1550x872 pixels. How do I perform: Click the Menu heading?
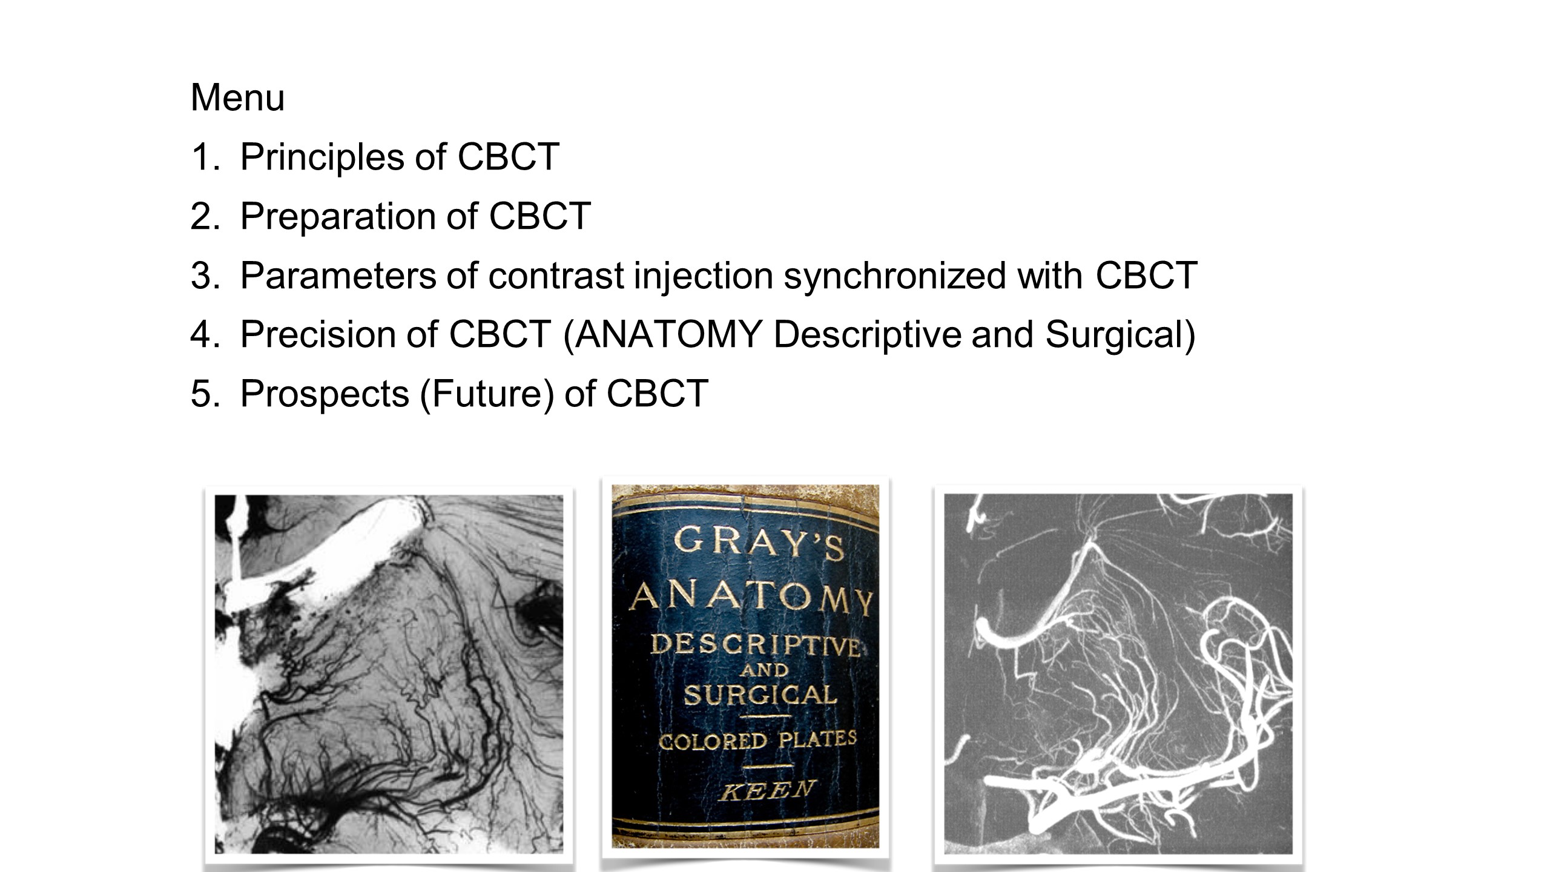click(x=237, y=97)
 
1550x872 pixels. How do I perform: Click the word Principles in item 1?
click(x=322, y=157)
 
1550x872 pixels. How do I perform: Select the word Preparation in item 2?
click(x=338, y=216)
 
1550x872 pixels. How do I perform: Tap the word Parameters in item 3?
click(x=338, y=276)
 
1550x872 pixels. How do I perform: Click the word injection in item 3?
click(x=704, y=276)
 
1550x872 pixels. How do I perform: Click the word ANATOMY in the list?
click(x=668, y=334)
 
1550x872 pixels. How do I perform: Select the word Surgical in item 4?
click(x=1113, y=335)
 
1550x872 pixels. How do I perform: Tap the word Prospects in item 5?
click(x=325, y=394)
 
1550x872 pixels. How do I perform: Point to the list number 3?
click(x=205, y=276)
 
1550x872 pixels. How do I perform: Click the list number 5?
click(x=205, y=394)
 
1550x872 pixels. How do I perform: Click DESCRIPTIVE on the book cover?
click(x=756, y=646)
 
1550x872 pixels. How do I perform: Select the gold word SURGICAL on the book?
click(x=760, y=695)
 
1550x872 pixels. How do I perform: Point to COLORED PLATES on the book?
click(x=757, y=740)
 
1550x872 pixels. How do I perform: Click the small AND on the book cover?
click(x=764, y=670)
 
